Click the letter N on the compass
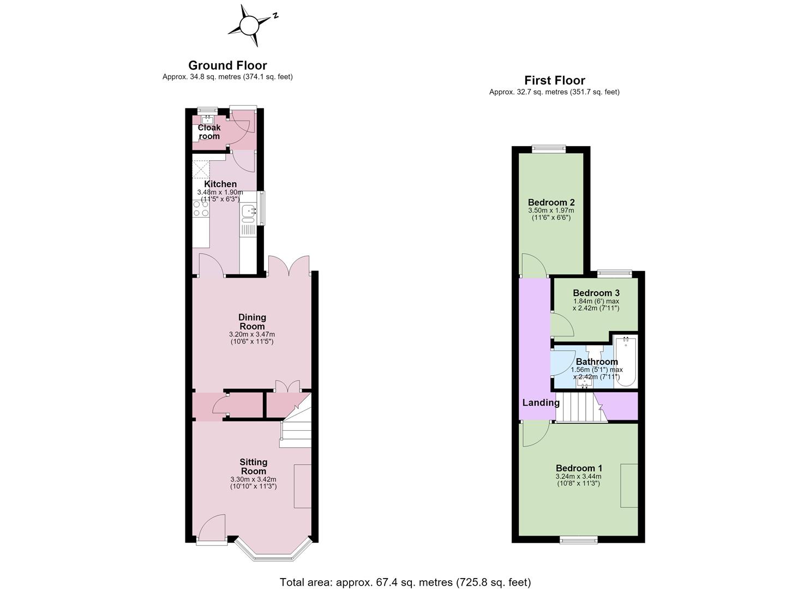[x=275, y=16]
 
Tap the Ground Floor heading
[x=227, y=65]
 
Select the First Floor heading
[x=555, y=80]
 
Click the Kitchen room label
[x=220, y=184]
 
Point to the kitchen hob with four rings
[x=201, y=209]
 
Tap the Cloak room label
[x=209, y=132]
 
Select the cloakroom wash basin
[x=207, y=119]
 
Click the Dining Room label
[x=252, y=322]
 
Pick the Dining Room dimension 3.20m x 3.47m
[x=252, y=334]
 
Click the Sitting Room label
[x=254, y=467]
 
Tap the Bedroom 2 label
[x=551, y=202]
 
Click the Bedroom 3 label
[x=596, y=293]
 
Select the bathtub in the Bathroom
[x=626, y=362]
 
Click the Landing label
[x=541, y=403]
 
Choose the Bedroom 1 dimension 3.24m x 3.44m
[x=579, y=477]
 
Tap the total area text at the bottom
[x=405, y=573]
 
